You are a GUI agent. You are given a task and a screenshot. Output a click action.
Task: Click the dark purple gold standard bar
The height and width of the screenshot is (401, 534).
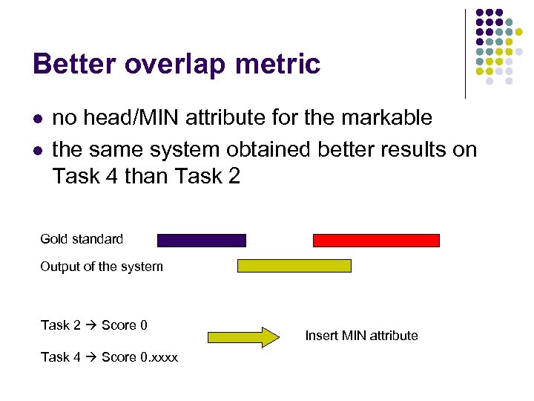click(201, 240)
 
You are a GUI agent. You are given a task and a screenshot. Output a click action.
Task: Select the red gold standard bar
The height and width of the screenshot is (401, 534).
click(376, 240)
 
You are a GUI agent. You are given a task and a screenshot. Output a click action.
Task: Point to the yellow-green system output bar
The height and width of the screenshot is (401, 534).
click(294, 266)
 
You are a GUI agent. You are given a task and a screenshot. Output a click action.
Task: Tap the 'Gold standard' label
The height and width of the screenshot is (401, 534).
click(82, 239)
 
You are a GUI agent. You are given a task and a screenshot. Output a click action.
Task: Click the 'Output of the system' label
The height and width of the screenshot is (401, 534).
click(102, 267)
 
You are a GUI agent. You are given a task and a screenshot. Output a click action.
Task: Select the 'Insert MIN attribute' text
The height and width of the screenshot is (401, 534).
click(361, 336)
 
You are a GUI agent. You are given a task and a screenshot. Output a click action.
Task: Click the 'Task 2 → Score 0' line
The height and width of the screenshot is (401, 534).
click(94, 325)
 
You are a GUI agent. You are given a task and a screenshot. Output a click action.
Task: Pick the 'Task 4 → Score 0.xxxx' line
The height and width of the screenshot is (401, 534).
click(109, 357)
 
